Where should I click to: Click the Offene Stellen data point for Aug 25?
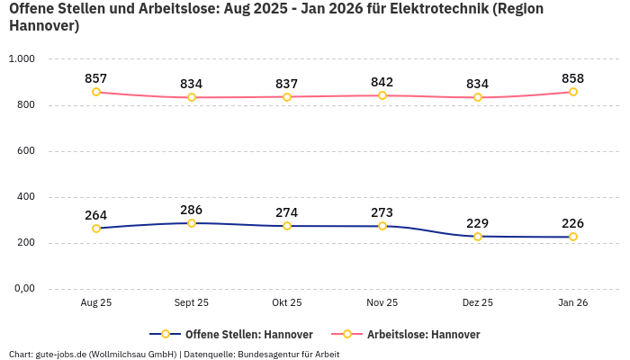tap(96, 229)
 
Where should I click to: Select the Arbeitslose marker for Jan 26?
tap(573, 92)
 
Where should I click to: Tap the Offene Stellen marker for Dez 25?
tap(478, 237)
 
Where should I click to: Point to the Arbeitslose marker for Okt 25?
tap(287, 96)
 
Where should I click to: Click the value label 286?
tap(192, 210)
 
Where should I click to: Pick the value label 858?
tap(573, 78)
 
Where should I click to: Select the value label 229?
tap(478, 223)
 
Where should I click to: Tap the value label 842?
tap(382, 82)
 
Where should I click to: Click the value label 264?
tap(96, 215)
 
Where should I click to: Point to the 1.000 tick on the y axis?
tap(21, 58)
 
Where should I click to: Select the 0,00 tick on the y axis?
tap(22, 289)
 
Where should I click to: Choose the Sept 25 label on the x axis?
tap(192, 303)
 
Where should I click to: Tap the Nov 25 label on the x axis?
tap(382, 303)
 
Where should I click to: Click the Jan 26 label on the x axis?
tap(573, 303)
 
